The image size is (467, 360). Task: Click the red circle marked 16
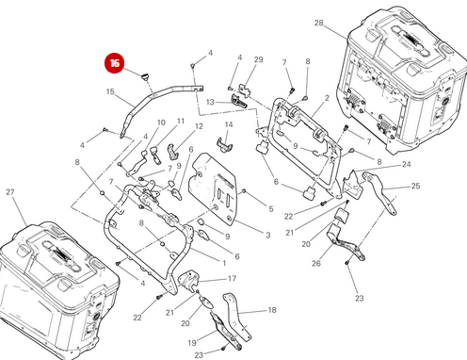(x=114, y=63)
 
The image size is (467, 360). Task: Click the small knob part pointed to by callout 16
(x=145, y=76)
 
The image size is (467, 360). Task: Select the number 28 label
(x=318, y=23)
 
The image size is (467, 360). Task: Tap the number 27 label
(x=10, y=192)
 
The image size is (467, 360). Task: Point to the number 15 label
(x=110, y=91)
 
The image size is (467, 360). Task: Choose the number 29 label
(x=259, y=59)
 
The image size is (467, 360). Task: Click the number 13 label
(x=210, y=102)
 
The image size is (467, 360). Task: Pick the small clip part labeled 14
(x=224, y=144)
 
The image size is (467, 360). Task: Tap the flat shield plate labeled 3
(x=212, y=188)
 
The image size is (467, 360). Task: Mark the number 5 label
(x=271, y=209)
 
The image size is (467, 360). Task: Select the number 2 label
(x=327, y=98)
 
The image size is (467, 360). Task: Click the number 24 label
(x=407, y=164)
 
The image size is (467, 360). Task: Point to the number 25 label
(x=415, y=186)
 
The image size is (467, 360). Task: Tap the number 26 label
(x=316, y=263)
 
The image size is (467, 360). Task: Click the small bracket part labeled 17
(x=188, y=280)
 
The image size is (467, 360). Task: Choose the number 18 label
(x=272, y=310)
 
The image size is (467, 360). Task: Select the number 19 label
(x=192, y=342)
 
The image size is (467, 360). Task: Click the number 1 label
(x=224, y=263)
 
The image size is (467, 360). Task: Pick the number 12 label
(x=199, y=126)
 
